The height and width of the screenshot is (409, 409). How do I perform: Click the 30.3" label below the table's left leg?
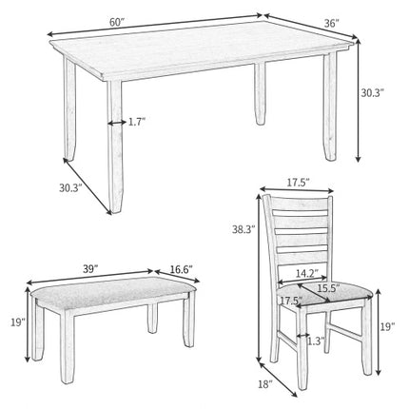click(x=69, y=189)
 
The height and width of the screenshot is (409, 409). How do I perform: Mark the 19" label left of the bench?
click(x=16, y=323)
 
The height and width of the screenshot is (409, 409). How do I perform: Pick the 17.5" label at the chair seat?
click(x=291, y=302)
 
